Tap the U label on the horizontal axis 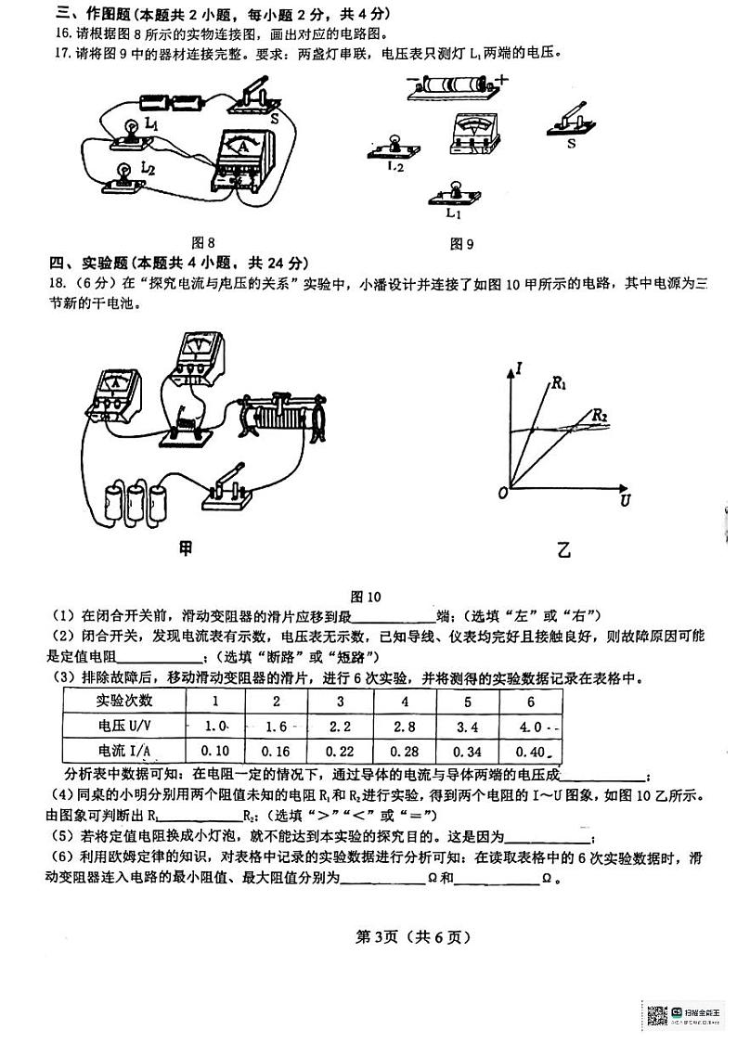tap(623, 501)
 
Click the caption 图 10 tap(366, 597)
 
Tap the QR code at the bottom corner tap(657, 1015)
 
